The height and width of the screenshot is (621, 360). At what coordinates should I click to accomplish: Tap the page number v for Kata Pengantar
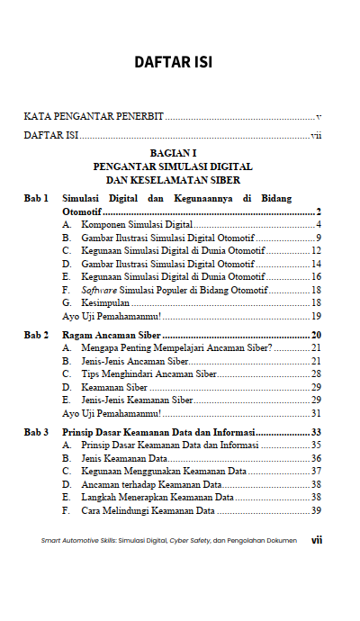(319, 118)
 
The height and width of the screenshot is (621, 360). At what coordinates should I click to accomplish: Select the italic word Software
(99, 291)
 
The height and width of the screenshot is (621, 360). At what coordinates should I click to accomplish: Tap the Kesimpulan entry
(105, 304)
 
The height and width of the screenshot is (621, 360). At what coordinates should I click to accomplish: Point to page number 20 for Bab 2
(316, 336)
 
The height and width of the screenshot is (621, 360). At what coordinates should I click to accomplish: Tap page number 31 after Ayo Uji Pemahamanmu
(316, 414)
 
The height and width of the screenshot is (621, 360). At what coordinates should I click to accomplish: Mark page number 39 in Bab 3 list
(316, 510)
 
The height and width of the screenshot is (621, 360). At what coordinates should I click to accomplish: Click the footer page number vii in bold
(316, 541)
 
